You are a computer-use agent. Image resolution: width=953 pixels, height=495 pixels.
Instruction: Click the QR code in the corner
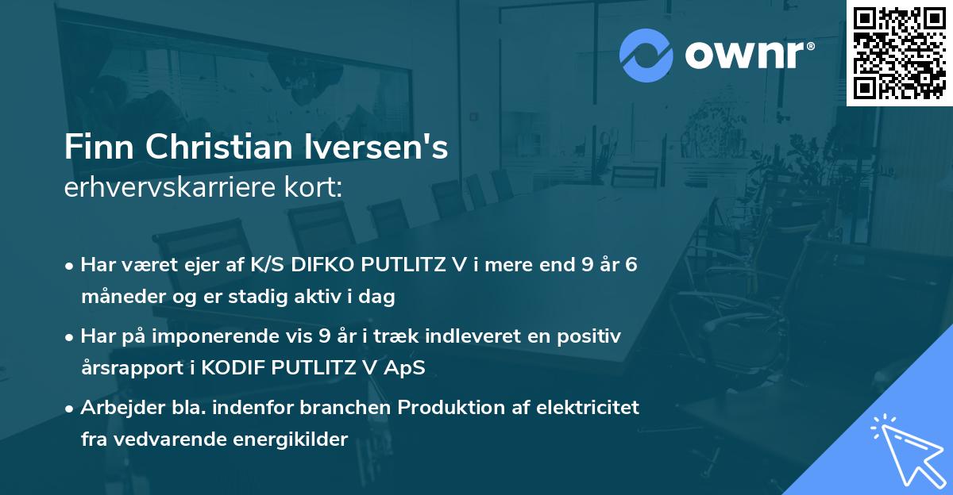coord(899,52)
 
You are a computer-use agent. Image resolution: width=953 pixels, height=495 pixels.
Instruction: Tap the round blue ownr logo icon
coord(646,56)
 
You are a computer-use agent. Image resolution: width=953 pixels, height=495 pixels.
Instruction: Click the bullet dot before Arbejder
coord(70,409)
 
